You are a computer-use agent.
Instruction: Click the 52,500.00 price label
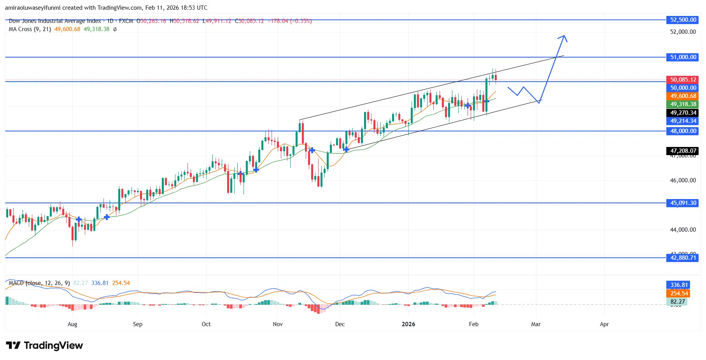coord(683,20)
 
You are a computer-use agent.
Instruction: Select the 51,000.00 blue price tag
coord(683,57)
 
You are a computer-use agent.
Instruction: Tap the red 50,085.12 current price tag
coord(683,80)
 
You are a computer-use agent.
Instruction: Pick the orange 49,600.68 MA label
coord(683,96)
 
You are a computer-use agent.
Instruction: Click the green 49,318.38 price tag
coord(683,104)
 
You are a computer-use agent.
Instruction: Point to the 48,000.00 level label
coord(683,131)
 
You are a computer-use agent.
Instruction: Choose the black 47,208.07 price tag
coord(683,151)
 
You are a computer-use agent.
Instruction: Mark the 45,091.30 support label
coord(683,203)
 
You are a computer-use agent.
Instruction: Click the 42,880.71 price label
coord(683,258)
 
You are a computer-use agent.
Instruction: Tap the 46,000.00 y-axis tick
coord(683,180)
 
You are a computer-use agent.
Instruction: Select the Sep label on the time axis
coord(138,324)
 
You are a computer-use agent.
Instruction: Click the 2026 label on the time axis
coord(408,324)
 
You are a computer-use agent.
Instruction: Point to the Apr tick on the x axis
coord(604,324)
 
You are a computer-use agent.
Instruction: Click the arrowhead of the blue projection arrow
coord(564,37)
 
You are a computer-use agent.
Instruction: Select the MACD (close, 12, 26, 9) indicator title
coord(39,283)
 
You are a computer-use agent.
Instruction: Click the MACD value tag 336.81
coord(679,285)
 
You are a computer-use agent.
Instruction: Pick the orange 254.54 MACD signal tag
coord(679,294)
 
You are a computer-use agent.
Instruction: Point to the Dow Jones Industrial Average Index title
coord(55,21)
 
